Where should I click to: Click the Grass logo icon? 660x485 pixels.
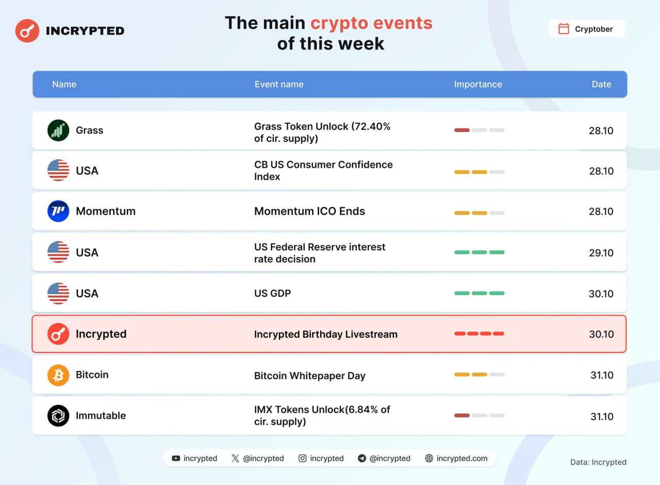pos(58,131)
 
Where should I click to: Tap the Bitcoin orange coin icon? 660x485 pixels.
pos(58,375)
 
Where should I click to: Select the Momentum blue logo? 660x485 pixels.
pos(58,211)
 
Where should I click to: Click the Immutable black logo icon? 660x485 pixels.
pos(58,416)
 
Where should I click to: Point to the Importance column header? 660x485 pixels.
pos(478,84)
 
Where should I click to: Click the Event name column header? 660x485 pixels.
pos(279,84)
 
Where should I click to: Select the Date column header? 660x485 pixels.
pos(601,84)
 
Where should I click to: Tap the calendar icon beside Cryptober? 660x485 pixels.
pos(564,28)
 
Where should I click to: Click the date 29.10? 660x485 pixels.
pos(601,253)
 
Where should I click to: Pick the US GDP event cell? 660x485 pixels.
pos(273,294)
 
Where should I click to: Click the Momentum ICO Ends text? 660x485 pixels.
pos(309,211)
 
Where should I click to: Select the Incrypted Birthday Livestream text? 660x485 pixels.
pos(325,334)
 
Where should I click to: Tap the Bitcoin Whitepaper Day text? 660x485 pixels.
pos(310,376)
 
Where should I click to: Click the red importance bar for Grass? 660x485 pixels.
pos(461,130)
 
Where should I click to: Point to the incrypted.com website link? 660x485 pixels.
pos(461,458)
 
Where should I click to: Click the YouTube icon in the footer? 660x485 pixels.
pos(176,458)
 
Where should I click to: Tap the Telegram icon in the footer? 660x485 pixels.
pos(362,458)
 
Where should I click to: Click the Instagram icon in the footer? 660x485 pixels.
pos(302,458)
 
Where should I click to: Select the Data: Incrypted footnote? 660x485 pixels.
pos(598,462)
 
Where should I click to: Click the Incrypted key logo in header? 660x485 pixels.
pos(27,30)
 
